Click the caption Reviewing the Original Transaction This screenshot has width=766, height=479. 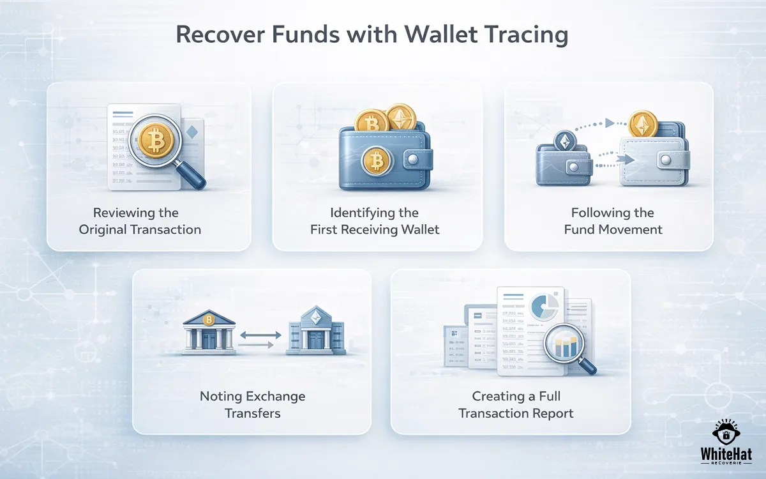[140, 221]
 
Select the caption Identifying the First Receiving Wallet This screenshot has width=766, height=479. [375, 221]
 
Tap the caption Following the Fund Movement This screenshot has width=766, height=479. [613, 221]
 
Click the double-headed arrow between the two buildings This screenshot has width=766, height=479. [260, 334]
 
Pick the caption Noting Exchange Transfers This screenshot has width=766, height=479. [252, 404]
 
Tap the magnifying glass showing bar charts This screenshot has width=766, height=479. [567, 347]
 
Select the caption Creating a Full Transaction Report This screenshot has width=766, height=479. [516, 404]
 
